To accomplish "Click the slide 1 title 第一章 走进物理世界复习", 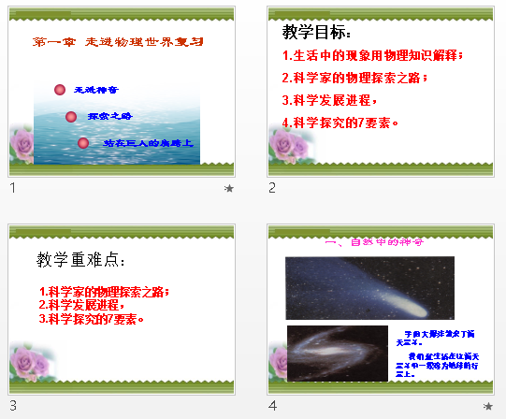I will point(117,42).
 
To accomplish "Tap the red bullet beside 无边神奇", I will point(61,90).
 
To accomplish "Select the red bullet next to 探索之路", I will point(71,117).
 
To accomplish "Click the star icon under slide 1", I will point(229,188).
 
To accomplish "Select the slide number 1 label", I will point(12,188).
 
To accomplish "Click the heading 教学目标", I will point(315,33).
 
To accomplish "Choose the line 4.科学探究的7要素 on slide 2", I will point(340,122).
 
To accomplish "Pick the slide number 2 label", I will point(272,188).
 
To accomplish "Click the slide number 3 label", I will point(13,405).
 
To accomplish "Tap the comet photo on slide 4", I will point(369,287).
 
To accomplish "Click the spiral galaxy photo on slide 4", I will point(337,353).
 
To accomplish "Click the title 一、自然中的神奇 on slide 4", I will point(373,242).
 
